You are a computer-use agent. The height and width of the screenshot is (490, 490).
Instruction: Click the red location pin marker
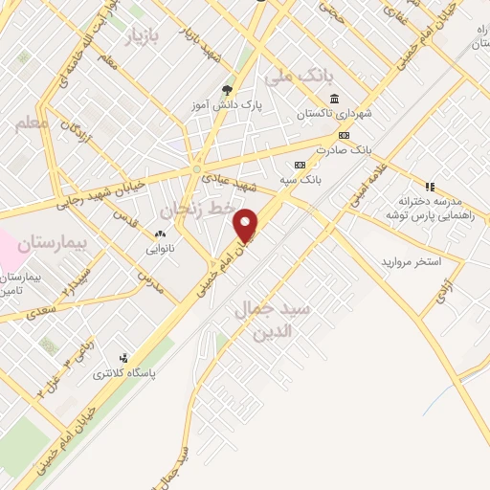[x=246, y=225]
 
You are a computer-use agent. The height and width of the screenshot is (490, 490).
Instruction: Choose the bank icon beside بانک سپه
[x=301, y=164]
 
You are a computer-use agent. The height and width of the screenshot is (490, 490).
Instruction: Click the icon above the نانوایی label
[x=161, y=234]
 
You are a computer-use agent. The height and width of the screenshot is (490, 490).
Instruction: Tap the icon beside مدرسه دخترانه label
[x=430, y=187]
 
